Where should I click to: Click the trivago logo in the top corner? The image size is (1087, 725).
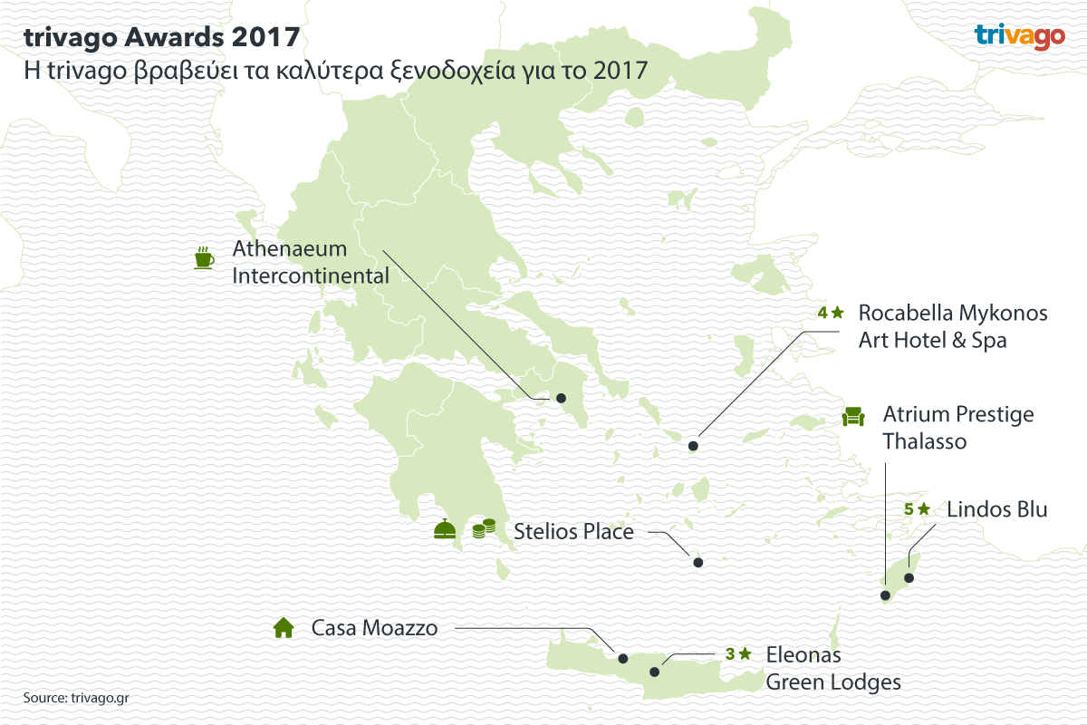coord(1019,36)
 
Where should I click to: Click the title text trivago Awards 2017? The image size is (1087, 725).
coord(162,37)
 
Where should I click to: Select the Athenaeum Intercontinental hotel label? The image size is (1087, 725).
coord(311,262)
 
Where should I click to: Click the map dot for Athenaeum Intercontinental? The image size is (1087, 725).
coord(561,398)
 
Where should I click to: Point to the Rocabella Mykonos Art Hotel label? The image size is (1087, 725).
coord(952,326)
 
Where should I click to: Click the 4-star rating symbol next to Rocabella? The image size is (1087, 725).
coord(831,313)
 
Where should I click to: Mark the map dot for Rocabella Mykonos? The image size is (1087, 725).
coord(693,446)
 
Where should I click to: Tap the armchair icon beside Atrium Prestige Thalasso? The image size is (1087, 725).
coord(853,416)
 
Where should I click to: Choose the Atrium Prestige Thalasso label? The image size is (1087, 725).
coord(957,428)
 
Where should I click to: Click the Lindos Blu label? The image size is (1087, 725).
coord(996,509)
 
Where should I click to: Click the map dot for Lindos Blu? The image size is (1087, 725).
coord(909,577)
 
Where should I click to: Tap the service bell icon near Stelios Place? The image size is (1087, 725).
coord(444,529)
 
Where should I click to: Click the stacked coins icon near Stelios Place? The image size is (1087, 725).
coord(485,529)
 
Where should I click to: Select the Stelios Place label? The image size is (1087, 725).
coord(573,531)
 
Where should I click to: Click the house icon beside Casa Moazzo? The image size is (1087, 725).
coord(284,627)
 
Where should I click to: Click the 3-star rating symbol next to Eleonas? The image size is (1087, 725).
coord(738,652)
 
